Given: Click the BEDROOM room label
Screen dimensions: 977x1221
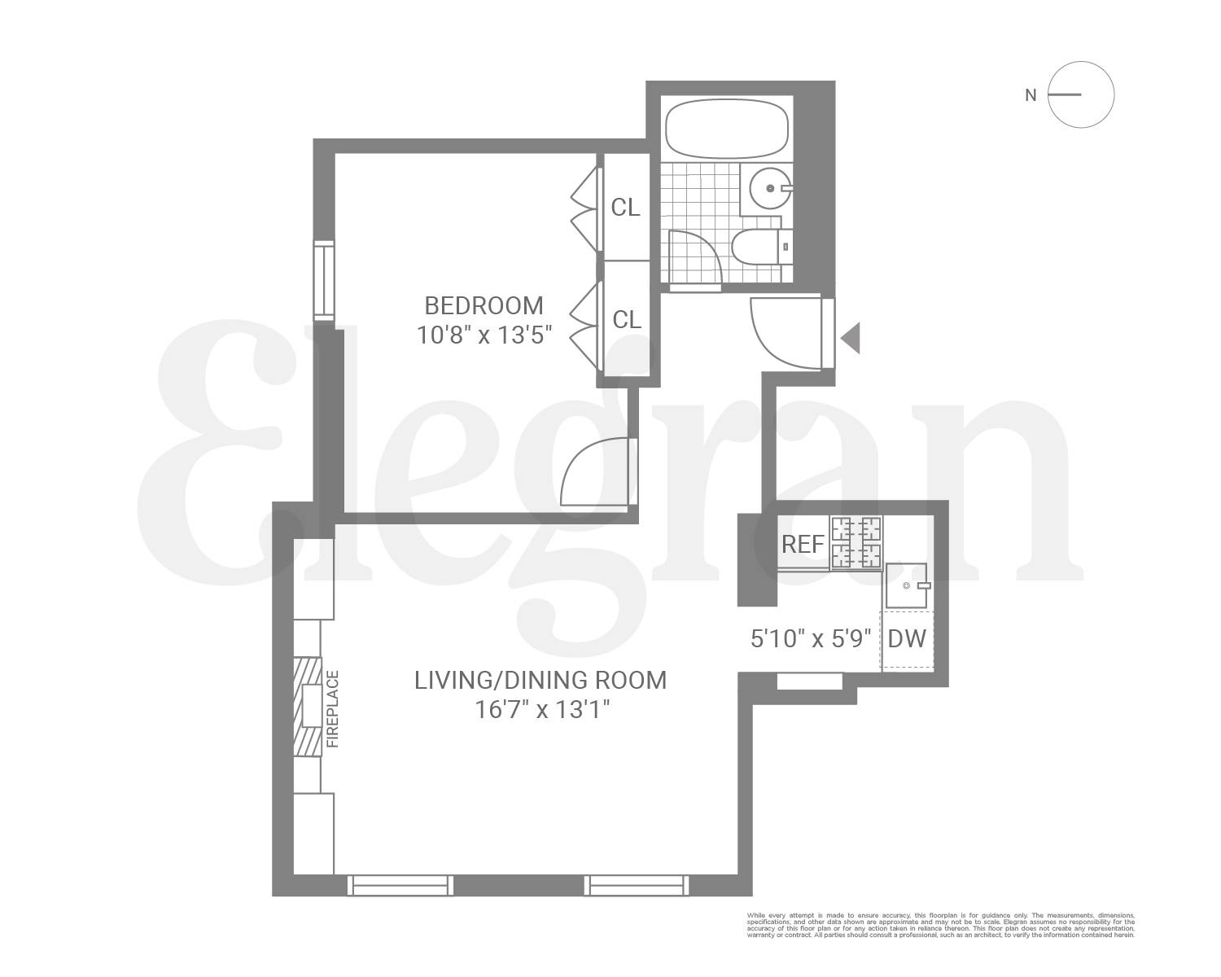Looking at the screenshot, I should [484, 306].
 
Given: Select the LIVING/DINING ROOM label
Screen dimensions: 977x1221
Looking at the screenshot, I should [540, 681].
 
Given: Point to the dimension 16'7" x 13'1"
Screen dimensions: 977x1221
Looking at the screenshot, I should [542, 710].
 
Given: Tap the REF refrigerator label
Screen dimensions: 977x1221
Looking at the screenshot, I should [803, 544].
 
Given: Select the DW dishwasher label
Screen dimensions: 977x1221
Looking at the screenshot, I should [907, 638].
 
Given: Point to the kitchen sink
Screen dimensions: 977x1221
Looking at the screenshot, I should [907, 586].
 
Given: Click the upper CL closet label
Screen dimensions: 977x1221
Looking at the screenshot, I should [625, 208].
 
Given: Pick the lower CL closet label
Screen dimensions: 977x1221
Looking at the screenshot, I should [626, 320].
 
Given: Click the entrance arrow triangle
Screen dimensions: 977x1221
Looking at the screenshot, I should [851, 338].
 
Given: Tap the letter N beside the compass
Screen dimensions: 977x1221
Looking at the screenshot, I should [1031, 95].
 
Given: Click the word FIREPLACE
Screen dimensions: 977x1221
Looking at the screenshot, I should [331, 709].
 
